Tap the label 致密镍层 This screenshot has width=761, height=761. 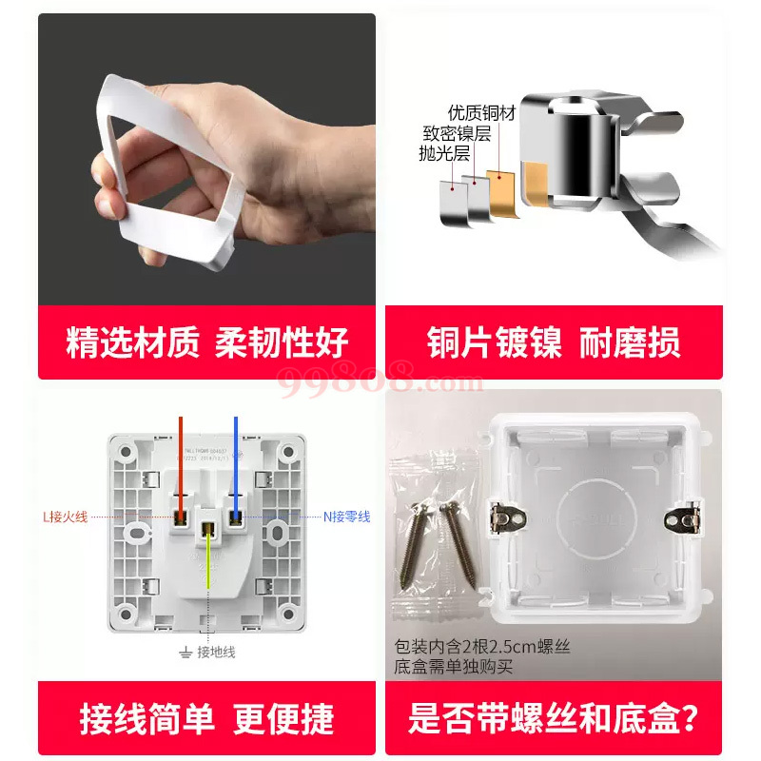tap(458, 133)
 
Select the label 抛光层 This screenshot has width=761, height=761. tap(442, 152)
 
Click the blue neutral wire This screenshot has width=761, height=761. tap(234, 465)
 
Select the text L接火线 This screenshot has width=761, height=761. tap(65, 517)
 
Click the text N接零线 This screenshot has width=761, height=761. tap(346, 517)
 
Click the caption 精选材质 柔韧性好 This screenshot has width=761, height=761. tap(206, 342)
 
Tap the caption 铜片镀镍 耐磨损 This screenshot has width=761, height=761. tap(553, 342)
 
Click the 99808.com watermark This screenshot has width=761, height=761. tap(380, 380)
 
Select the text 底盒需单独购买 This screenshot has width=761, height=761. tap(453, 667)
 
